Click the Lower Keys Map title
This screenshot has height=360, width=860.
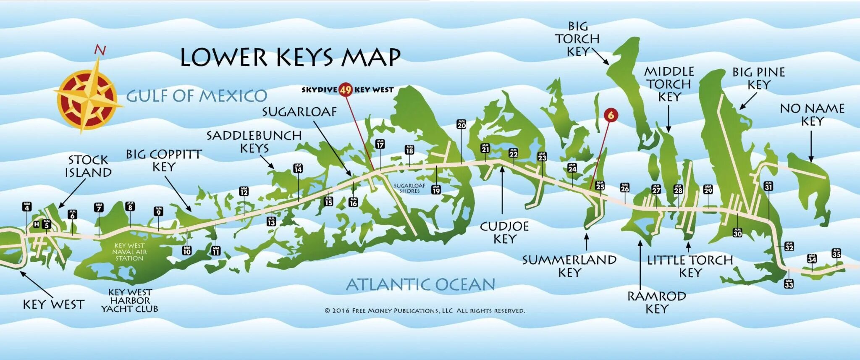click(x=290, y=58)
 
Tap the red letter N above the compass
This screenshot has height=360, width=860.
click(x=100, y=50)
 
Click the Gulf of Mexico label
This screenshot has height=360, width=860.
click(x=197, y=96)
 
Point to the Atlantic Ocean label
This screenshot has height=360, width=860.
click(x=420, y=285)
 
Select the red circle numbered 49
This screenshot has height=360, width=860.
click(x=346, y=89)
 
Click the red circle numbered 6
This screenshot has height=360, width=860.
click(x=611, y=115)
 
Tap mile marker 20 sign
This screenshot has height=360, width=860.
click(x=461, y=124)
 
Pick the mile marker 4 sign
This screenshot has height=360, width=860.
click(x=27, y=207)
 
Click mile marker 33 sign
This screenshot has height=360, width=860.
click(x=789, y=284)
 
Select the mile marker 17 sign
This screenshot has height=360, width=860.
click(x=380, y=144)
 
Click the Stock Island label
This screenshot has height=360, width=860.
click(x=88, y=166)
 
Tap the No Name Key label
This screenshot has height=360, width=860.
click(x=812, y=115)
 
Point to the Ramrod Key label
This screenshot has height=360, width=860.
click(x=656, y=302)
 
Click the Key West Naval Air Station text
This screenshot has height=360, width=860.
click(x=129, y=252)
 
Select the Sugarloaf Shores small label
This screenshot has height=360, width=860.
click(x=409, y=188)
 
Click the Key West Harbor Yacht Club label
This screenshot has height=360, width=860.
click(x=130, y=300)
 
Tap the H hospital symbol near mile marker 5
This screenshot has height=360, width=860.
click(x=37, y=224)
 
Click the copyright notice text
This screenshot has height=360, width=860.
click(x=425, y=311)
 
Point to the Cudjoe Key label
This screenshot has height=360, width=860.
click(x=504, y=232)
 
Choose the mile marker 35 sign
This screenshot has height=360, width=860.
click(x=836, y=253)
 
